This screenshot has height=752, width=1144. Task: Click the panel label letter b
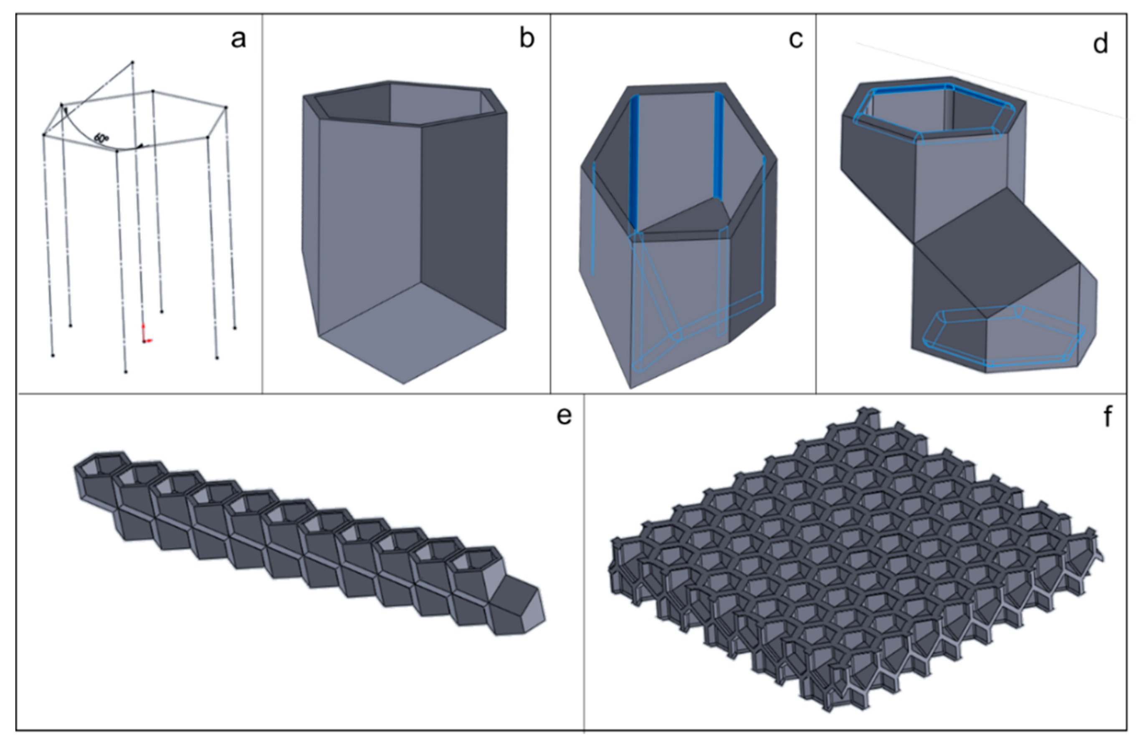click(x=527, y=38)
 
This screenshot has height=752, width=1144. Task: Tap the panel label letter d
click(x=1100, y=44)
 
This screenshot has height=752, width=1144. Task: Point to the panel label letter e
click(x=564, y=416)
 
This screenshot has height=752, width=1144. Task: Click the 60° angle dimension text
click(x=101, y=139)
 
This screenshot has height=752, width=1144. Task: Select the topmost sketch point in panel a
click(x=133, y=63)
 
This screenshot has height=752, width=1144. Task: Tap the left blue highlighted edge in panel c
click(x=635, y=163)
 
